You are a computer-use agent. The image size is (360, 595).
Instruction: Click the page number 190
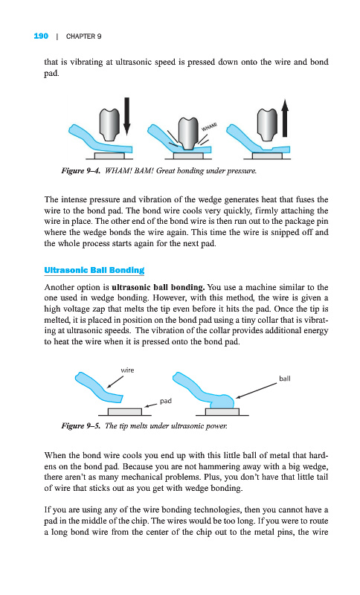[x=41, y=36]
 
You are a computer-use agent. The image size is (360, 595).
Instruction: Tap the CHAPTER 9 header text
[x=83, y=36]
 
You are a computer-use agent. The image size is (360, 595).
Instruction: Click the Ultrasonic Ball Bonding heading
[x=94, y=270]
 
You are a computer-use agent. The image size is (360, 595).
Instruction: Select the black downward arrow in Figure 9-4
[x=126, y=116]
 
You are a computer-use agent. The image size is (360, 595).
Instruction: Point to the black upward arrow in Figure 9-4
[x=285, y=118]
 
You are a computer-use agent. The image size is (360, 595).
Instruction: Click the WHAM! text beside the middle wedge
[x=209, y=126]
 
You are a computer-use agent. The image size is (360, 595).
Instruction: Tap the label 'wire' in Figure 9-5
[x=127, y=370]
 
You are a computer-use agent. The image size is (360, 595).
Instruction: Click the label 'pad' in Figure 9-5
[x=166, y=401]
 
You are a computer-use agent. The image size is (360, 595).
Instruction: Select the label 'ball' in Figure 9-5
[x=285, y=379]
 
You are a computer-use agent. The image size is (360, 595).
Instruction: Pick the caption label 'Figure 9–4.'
[x=81, y=171]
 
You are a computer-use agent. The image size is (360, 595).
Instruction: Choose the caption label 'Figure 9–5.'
[x=81, y=425]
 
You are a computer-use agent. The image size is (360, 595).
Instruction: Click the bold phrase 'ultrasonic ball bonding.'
[x=158, y=287]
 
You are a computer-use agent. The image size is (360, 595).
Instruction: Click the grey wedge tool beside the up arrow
[x=268, y=124]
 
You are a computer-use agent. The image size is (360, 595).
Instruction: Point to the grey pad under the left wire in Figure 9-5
[x=125, y=412]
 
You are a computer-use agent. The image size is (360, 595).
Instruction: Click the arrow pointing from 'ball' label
[x=256, y=390]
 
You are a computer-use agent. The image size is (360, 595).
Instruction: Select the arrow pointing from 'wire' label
[x=115, y=382]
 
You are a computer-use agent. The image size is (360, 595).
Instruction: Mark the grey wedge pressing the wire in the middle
[x=188, y=133]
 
